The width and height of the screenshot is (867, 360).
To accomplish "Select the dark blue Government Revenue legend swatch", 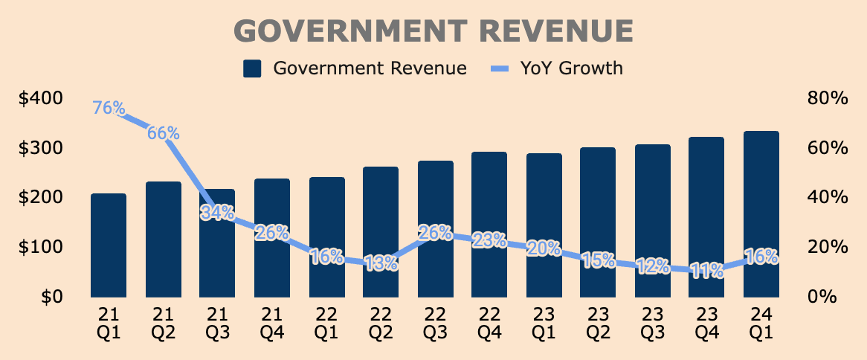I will coord(253,69).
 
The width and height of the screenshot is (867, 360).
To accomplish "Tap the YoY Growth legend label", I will coord(572,69).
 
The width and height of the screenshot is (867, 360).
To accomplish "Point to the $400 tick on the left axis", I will coord(61,98).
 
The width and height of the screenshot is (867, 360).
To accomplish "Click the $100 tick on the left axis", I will coord(61,247).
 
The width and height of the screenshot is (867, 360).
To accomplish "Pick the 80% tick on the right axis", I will coord(827,98).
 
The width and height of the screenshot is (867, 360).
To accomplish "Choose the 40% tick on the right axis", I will coord(827,197).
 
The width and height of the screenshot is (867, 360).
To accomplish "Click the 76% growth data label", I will coord(109,108).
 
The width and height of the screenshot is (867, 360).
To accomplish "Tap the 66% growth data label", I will coord(163,133).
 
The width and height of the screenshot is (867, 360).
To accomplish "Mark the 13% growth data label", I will coord(381,263).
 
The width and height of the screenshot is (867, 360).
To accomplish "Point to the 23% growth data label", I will coord(489,240).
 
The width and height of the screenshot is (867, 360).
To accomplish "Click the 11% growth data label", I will coord(706,271).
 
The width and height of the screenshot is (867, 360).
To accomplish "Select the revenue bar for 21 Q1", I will coord(109,245).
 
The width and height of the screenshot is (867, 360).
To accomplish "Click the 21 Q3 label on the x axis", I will coord(217,322).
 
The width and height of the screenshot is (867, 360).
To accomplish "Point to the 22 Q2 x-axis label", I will coord(381,322).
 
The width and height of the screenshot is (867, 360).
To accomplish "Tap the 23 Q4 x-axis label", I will coord(706,322).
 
